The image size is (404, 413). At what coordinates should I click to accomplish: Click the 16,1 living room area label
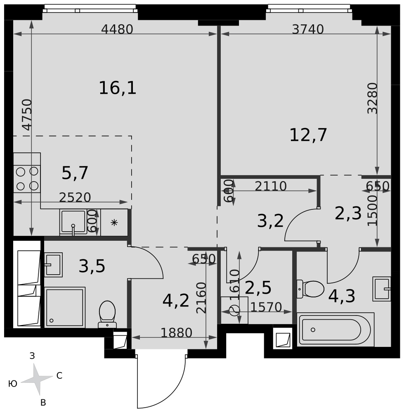click(x=117, y=88)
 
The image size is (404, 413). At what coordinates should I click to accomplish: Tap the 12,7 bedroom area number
click(x=308, y=135)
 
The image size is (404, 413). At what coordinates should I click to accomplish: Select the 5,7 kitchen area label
click(x=75, y=173)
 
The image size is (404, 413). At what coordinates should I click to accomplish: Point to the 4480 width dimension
click(x=117, y=29)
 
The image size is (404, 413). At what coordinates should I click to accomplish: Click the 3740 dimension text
click(x=308, y=29)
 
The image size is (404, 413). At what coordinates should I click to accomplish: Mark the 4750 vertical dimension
click(x=27, y=115)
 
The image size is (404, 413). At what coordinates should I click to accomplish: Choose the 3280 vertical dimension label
click(x=372, y=98)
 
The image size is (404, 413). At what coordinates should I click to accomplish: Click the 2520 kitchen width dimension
click(x=75, y=197)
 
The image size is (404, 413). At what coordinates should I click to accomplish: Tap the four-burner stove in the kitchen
click(x=27, y=179)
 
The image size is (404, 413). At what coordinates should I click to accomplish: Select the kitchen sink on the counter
click(x=73, y=222)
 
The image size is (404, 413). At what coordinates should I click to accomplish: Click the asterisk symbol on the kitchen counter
click(x=114, y=223)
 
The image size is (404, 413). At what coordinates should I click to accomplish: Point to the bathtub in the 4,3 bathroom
click(x=335, y=329)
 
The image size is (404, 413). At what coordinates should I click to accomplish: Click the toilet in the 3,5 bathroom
click(x=107, y=314)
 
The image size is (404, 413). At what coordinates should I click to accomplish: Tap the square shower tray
click(x=65, y=307)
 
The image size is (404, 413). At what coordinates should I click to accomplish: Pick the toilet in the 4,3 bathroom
click(x=310, y=289)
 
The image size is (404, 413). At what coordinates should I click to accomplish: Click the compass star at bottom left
click(x=36, y=379)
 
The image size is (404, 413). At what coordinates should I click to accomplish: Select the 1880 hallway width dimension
click(x=176, y=333)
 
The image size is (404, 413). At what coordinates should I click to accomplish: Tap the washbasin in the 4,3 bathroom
click(x=382, y=289)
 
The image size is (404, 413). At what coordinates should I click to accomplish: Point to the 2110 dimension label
click(x=271, y=186)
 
